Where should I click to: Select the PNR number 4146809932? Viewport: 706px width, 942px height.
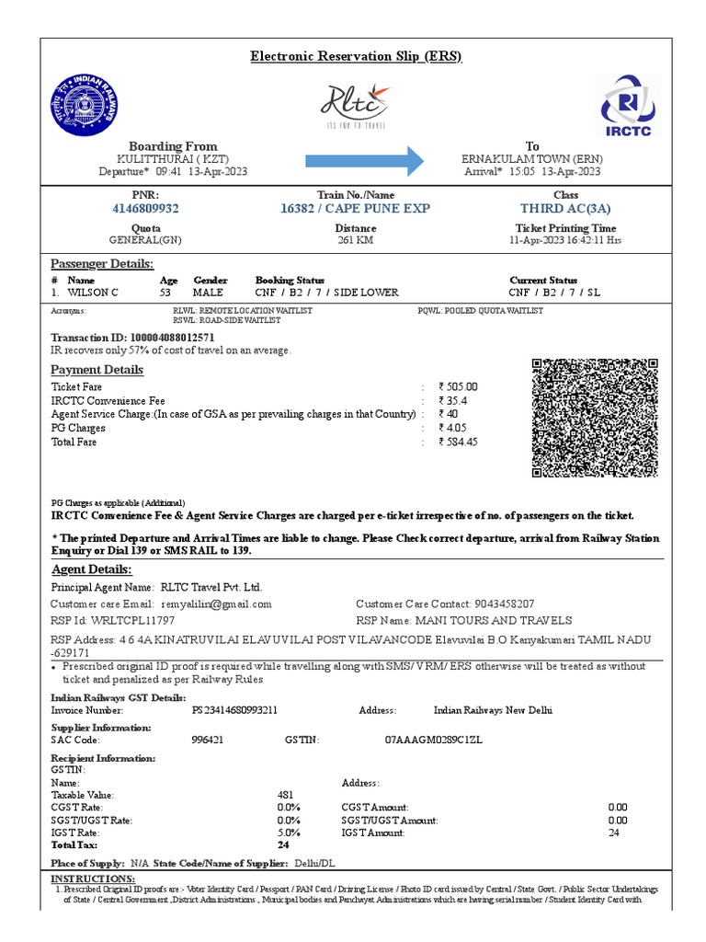pos(145,209)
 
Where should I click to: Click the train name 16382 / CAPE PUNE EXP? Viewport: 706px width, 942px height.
pos(355,209)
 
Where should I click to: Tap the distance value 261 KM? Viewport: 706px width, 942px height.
pos(355,241)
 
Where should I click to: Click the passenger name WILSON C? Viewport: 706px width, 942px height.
pos(93,293)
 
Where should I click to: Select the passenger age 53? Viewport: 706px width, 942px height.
pos(165,293)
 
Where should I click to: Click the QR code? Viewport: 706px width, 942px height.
pos(595,418)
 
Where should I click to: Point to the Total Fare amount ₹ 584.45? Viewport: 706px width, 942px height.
pos(459,442)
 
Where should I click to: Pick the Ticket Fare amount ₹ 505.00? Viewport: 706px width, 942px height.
pos(459,387)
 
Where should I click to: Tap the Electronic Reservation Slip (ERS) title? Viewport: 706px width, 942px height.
pos(356,57)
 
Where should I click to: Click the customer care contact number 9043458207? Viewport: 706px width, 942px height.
pos(503,604)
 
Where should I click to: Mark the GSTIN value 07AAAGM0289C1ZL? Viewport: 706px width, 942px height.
pos(433,740)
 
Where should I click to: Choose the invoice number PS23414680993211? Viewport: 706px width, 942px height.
pos(234,710)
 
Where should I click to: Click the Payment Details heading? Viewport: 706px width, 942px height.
pos(97,370)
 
